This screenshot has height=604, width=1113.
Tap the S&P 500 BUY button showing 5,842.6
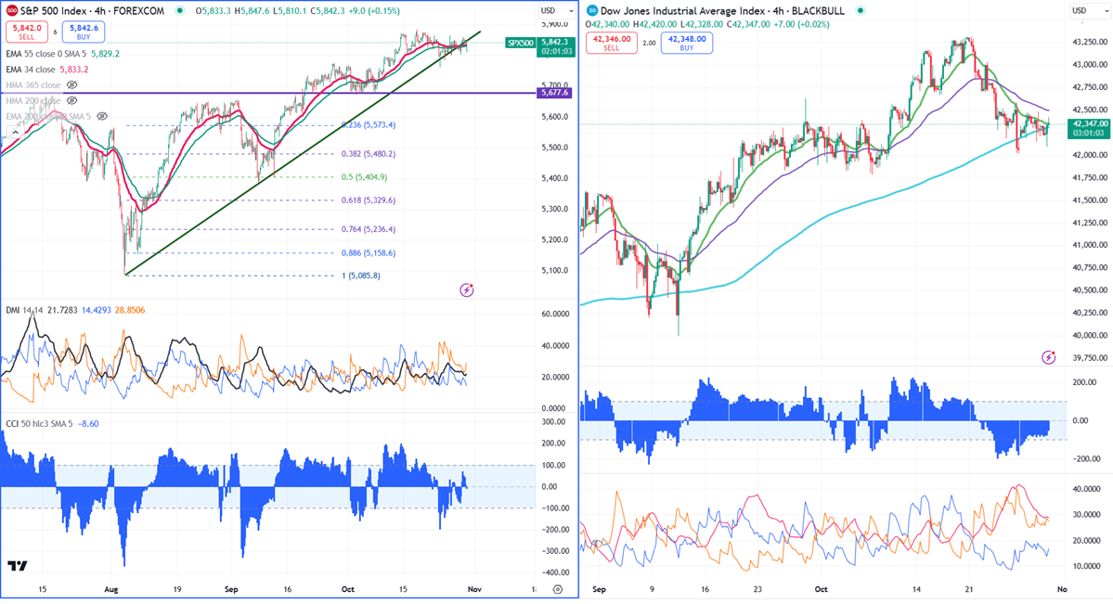pyautogui.click(x=83, y=32)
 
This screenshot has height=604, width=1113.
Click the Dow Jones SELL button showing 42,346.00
pyautogui.click(x=612, y=43)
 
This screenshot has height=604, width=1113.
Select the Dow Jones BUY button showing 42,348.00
pyautogui.click(x=686, y=43)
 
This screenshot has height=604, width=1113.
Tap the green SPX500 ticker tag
pyautogui.click(x=520, y=43)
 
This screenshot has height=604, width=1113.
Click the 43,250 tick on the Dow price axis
pyautogui.click(x=1087, y=43)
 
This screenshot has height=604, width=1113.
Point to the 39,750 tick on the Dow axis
pyautogui.click(x=1087, y=357)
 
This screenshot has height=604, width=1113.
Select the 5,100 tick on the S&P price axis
pyautogui.click(x=553, y=270)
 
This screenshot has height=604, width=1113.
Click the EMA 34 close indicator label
pyautogui.click(x=46, y=70)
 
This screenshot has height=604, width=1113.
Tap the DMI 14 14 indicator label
pyautogui.click(x=22, y=309)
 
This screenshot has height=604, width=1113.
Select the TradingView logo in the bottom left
pyautogui.click(x=17, y=566)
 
